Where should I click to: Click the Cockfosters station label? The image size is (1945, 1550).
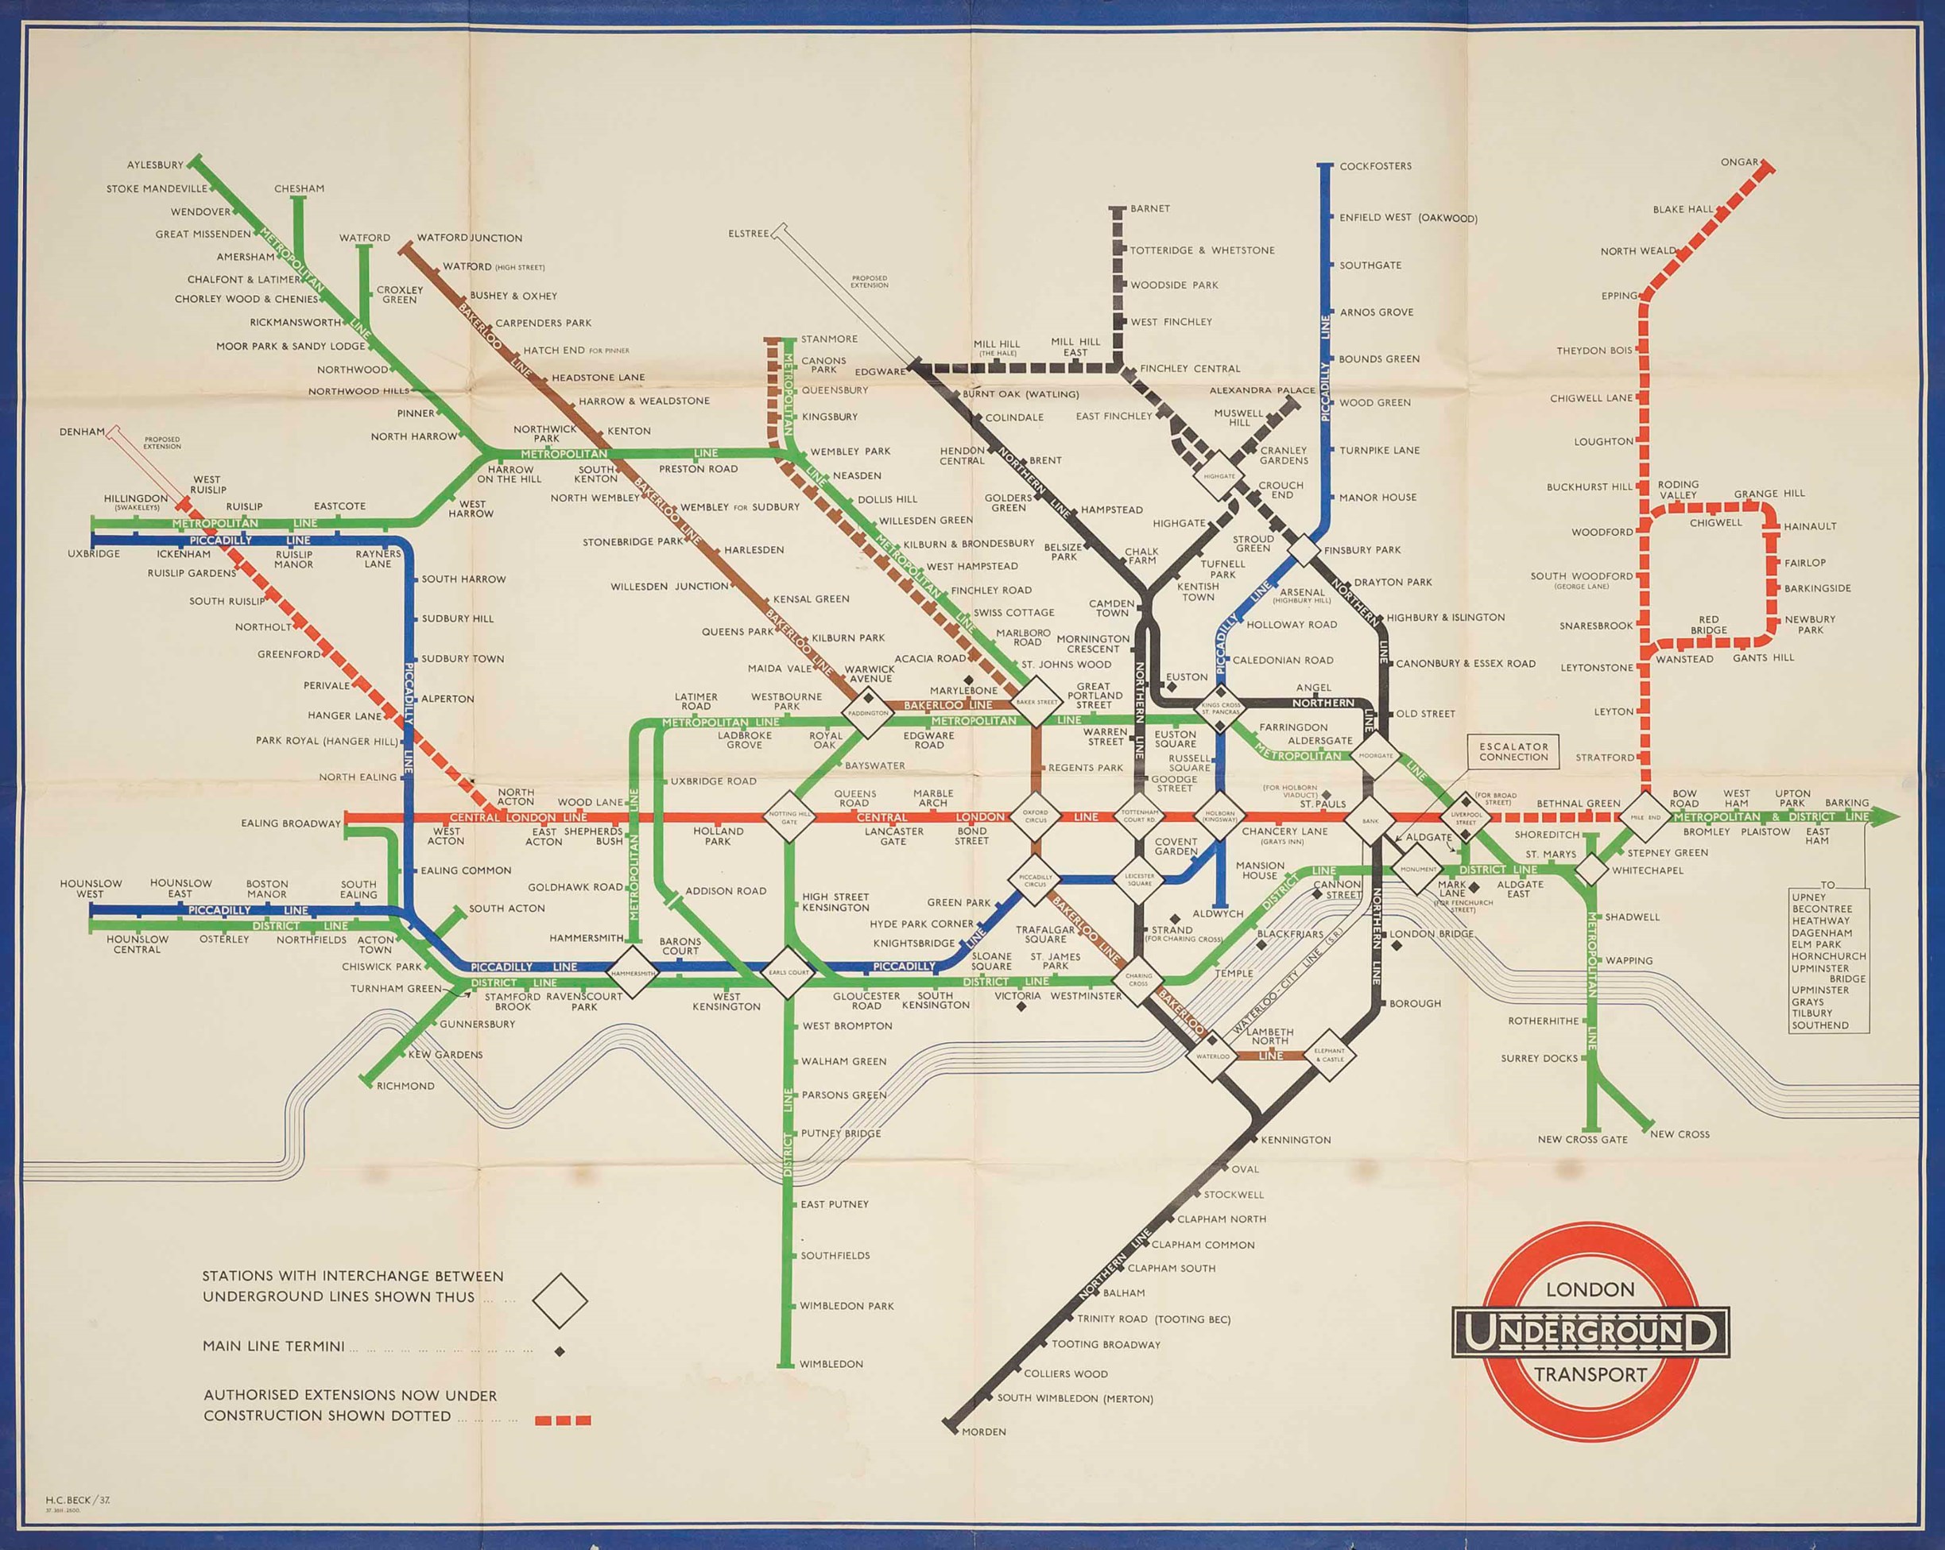(x=1375, y=166)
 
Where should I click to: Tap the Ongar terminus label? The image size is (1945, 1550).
(x=1739, y=162)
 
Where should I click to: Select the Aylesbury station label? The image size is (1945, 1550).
(x=155, y=165)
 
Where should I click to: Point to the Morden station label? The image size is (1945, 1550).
(x=983, y=1432)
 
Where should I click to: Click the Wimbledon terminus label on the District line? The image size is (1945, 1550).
(x=831, y=1364)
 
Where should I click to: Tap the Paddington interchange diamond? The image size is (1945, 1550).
(x=867, y=713)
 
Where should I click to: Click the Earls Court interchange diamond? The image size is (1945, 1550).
(x=788, y=973)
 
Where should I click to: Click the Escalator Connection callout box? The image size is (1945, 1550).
(x=1513, y=751)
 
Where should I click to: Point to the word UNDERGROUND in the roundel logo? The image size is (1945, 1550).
(x=1590, y=1331)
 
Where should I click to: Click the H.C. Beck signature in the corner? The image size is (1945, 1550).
(x=78, y=1498)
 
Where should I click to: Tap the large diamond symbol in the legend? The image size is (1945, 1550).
(x=560, y=1300)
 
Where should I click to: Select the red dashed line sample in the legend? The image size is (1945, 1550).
(x=563, y=1420)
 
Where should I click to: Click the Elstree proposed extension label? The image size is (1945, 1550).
(x=749, y=234)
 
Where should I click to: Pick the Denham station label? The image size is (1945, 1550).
(x=82, y=432)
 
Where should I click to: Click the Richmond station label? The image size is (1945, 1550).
(x=405, y=1085)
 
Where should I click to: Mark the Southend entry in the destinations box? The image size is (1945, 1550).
(x=1819, y=1025)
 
